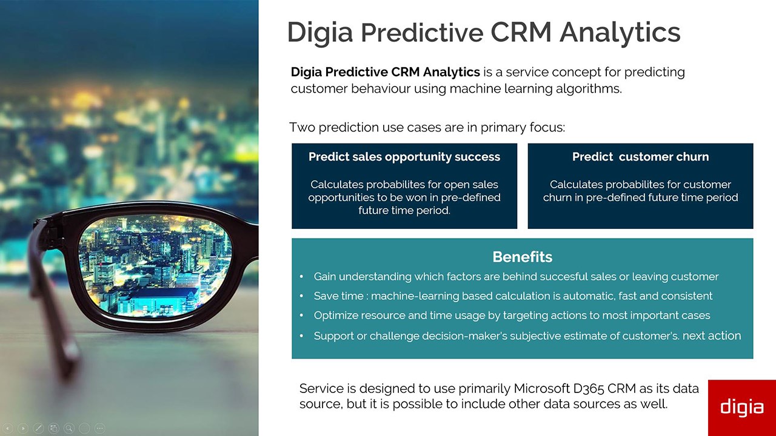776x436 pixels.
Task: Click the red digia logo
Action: tap(741, 408)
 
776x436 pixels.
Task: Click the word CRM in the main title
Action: tap(521, 32)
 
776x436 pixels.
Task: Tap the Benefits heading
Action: tap(523, 257)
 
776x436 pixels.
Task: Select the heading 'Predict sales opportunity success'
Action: tap(404, 157)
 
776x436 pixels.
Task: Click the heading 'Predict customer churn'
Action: tap(641, 157)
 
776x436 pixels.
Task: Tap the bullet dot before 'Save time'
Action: tap(301, 296)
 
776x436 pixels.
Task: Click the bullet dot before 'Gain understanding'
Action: tap(301, 277)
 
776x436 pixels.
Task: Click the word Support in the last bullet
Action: tap(333, 336)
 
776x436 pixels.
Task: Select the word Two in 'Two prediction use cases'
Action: tap(302, 127)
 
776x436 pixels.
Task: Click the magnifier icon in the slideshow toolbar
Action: tap(69, 428)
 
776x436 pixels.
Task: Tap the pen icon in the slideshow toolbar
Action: tap(38, 428)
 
